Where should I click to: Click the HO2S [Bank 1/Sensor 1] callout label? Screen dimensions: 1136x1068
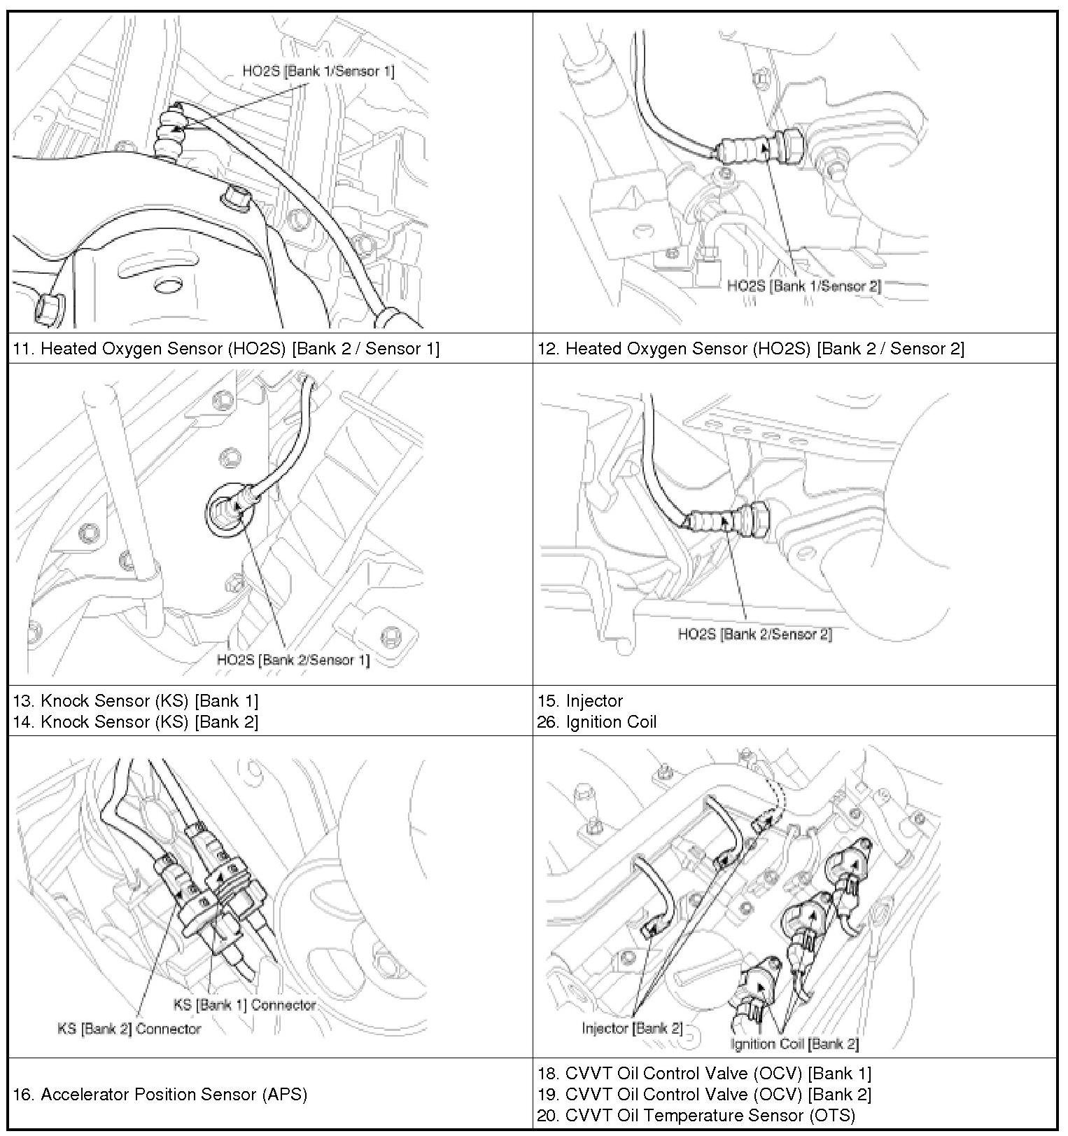[318, 71]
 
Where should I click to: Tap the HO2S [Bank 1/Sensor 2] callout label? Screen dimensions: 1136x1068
[804, 286]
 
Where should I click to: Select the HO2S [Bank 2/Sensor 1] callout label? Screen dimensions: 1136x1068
[293, 659]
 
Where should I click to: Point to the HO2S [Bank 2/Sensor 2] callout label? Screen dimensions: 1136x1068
[755, 634]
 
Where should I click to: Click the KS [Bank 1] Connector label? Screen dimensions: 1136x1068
[244, 1004]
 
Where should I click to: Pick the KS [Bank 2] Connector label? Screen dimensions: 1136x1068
[129, 1028]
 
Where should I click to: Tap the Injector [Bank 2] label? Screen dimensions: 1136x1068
[632, 1027]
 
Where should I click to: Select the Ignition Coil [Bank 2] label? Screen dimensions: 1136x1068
[794, 1044]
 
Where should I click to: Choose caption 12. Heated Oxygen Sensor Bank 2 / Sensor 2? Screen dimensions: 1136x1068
[750, 348]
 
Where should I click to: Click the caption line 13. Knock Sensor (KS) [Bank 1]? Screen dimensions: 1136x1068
[136, 700]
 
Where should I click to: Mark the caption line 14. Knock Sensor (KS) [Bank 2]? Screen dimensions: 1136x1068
[136, 721]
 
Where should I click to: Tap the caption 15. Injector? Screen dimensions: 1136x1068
[580, 700]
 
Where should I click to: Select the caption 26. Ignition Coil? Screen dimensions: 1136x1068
[597, 721]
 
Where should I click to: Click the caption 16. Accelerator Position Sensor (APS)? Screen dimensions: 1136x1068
[160, 1094]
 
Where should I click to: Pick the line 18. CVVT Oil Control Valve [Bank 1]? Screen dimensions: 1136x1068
[704, 1073]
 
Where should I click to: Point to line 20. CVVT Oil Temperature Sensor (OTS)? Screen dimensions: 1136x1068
[696, 1115]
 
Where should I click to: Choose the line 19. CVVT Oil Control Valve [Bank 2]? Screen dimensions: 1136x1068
[704, 1094]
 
